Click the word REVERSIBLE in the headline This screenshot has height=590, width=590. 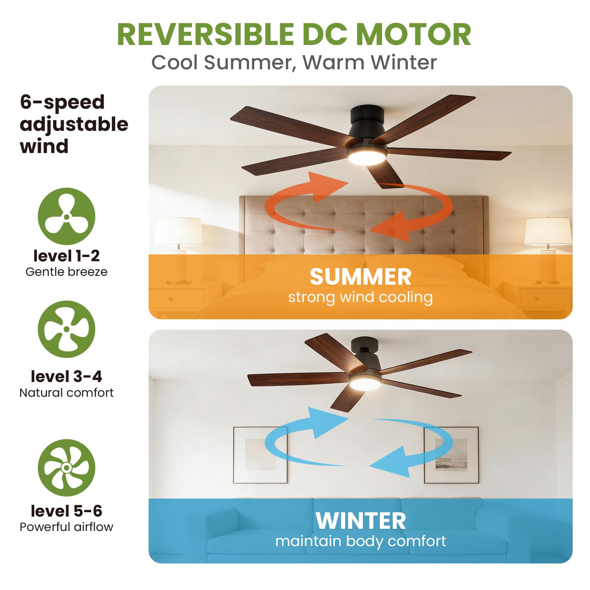205,34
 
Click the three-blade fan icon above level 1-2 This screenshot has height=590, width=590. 66,216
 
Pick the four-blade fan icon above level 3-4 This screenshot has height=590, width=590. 66,329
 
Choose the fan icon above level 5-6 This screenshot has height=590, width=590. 66,468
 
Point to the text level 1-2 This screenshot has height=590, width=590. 66,256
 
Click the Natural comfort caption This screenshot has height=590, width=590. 66,393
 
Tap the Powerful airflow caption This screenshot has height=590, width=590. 66,527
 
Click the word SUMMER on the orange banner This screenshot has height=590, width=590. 360,277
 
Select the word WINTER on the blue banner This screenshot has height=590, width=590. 361,521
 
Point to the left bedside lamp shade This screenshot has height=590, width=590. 178,231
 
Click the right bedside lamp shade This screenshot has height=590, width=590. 548,231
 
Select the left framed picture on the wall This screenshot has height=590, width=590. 260,455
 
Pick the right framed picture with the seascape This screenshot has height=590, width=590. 451,455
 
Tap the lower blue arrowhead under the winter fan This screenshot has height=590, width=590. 393,462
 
